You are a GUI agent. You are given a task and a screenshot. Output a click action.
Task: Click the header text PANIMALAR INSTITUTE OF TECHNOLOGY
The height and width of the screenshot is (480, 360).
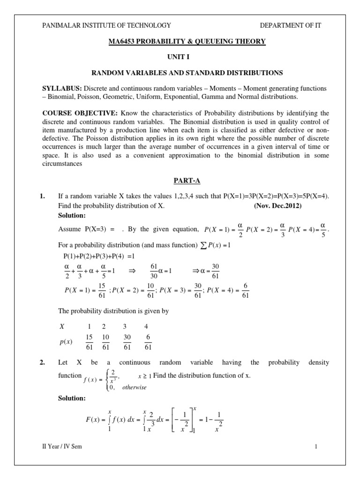click(106, 25)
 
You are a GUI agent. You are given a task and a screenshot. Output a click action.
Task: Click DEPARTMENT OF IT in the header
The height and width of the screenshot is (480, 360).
click(291, 25)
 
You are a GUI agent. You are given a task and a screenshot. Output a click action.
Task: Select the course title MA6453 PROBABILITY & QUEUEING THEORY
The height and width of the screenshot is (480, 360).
click(187, 42)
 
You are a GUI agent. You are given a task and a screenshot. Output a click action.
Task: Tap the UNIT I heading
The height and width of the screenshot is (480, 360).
click(187, 57)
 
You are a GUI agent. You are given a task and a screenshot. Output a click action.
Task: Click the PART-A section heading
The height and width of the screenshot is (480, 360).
click(187, 180)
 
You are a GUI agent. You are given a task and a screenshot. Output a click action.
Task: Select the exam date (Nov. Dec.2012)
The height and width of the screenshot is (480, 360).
click(278, 206)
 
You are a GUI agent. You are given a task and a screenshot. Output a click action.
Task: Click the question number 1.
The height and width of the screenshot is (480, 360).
click(43, 197)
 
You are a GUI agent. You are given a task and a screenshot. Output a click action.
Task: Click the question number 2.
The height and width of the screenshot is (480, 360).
click(43, 362)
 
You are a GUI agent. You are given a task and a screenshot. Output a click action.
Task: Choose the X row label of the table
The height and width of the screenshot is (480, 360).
click(62, 326)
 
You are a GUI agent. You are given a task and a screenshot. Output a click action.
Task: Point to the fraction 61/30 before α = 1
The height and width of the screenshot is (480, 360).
click(153, 271)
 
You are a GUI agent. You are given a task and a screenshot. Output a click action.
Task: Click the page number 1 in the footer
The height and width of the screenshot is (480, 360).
click(316, 447)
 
